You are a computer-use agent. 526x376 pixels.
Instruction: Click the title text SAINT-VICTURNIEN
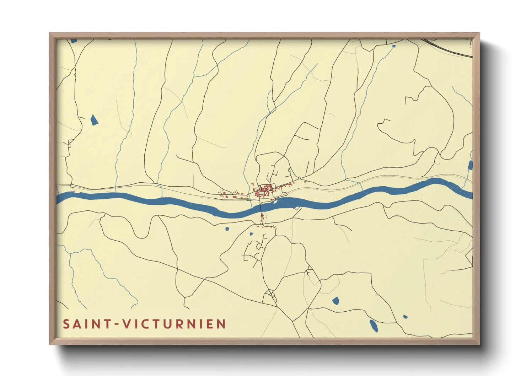click(144, 324)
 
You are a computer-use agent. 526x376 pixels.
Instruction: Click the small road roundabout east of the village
click(299, 178)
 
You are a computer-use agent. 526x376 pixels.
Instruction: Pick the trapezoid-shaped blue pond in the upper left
click(94, 120)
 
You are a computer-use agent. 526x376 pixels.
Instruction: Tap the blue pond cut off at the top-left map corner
click(74, 41)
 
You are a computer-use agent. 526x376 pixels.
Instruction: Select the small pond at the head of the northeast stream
click(393, 46)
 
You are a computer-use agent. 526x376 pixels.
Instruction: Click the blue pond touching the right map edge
click(470, 165)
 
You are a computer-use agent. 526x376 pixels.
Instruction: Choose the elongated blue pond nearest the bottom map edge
click(374, 326)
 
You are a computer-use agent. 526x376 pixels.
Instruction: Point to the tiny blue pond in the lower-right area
click(405, 316)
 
